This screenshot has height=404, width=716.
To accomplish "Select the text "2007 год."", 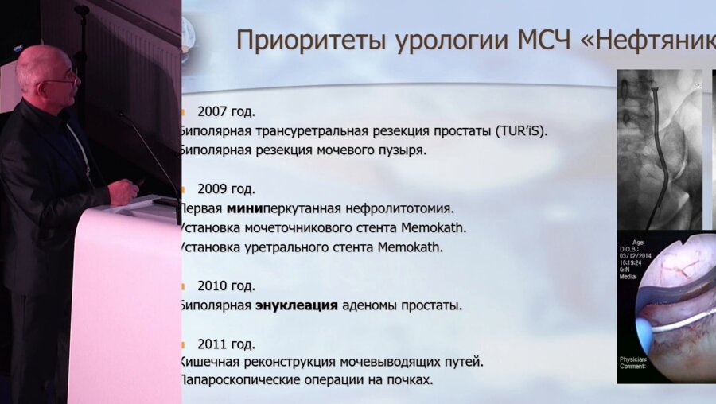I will point(226,111).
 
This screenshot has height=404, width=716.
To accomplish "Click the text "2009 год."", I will point(226,189).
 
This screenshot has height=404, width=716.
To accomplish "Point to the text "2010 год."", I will point(226,286).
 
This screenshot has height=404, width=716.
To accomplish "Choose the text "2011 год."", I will point(226,344).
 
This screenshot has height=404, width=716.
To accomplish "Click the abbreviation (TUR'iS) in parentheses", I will point(521,130).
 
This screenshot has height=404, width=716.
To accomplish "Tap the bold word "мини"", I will point(244,209).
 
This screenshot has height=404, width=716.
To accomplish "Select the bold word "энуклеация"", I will point(297,305).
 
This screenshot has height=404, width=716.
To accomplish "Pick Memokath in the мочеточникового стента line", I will point(434,227).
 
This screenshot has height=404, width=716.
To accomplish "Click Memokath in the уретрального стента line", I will point(409,247).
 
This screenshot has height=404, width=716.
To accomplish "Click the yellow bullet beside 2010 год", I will point(183,286).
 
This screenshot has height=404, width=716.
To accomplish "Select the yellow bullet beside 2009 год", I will point(183,189).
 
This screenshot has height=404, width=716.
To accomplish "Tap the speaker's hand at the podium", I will point(125,191).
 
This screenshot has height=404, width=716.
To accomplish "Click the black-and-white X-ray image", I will point(660,147).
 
